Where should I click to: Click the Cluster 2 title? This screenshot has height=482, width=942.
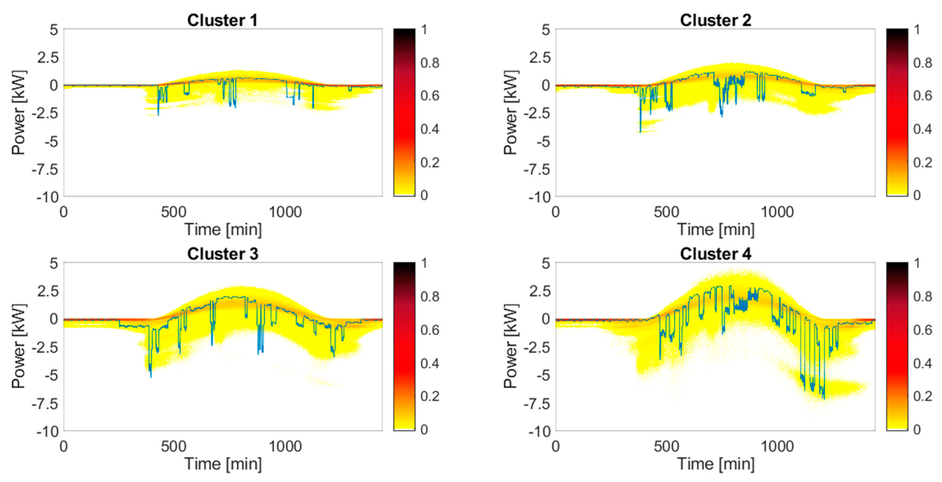point(715,20)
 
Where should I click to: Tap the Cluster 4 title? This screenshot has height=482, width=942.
point(715,254)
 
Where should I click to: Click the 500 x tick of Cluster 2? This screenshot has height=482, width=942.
point(666,212)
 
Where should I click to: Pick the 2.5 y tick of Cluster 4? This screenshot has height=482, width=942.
point(539,291)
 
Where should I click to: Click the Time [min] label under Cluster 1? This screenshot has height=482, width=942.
point(223,230)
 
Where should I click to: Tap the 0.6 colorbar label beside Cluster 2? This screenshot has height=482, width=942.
point(922,96)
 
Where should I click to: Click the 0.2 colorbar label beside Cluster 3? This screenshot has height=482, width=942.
point(430,396)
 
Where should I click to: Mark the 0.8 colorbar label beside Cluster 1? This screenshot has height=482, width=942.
point(430,63)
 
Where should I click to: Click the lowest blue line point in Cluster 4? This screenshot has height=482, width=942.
point(823,399)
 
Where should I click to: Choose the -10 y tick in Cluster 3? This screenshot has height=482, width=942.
point(48,432)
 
